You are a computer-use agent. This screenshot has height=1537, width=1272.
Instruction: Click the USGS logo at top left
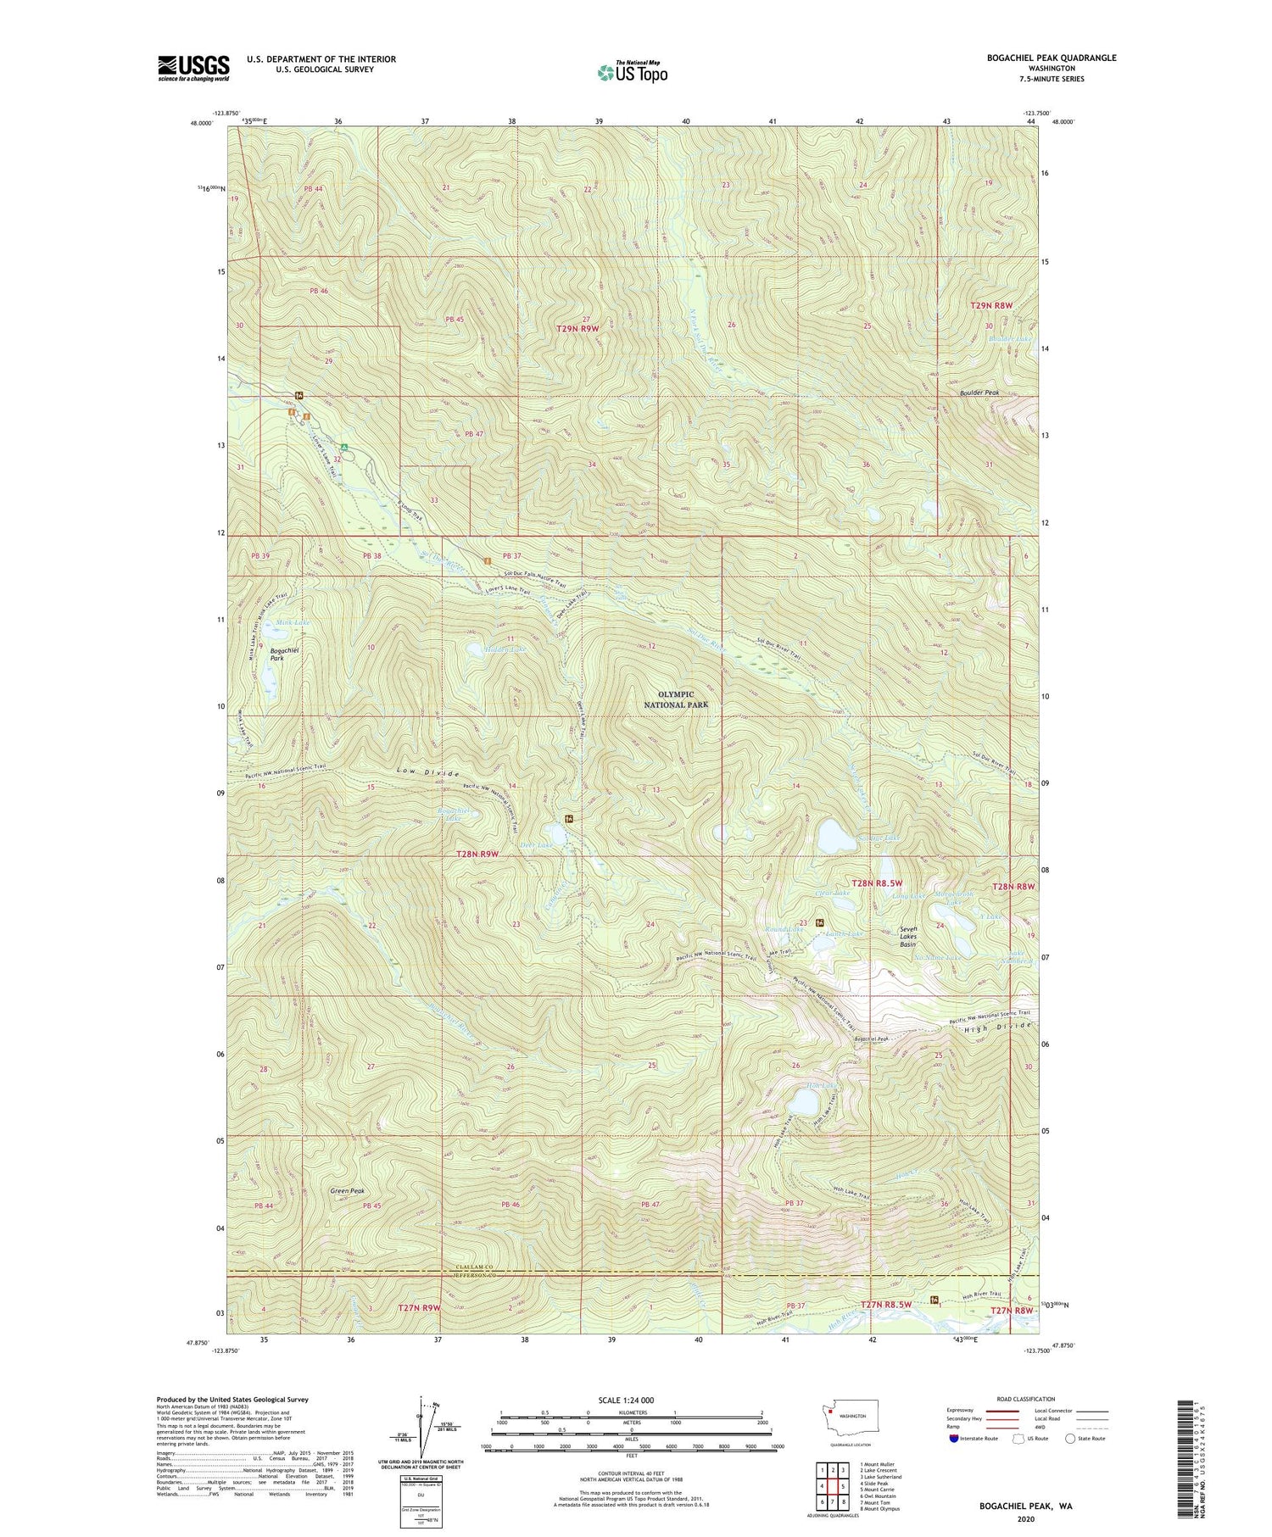point(193,68)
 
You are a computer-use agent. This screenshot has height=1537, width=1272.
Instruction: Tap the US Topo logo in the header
point(632,73)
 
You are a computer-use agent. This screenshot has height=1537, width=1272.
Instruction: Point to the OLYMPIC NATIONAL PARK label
point(675,699)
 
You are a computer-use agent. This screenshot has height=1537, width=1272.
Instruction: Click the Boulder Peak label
point(979,393)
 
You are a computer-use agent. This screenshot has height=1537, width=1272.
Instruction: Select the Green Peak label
point(347,1191)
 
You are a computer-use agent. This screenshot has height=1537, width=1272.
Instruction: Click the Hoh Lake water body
point(801,1103)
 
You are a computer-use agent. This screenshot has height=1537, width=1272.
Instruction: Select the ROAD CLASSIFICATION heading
point(1026,1399)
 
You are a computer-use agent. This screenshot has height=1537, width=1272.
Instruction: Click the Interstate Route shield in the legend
point(954,1439)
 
